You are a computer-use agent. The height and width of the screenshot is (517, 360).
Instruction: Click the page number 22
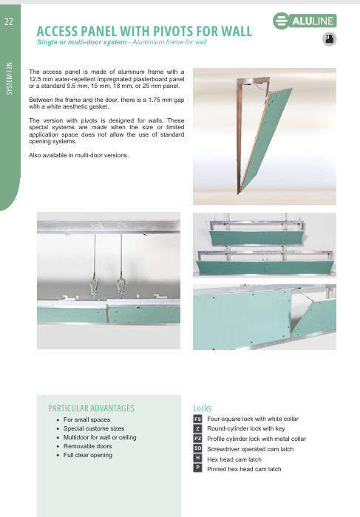(9, 21)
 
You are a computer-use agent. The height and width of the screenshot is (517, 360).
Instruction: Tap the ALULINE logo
(305, 21)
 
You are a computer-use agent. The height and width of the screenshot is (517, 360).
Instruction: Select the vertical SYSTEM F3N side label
(9, 78)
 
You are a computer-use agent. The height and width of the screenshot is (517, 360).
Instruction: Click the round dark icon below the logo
(329, 39)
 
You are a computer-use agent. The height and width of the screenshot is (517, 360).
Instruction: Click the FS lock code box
(197, 419)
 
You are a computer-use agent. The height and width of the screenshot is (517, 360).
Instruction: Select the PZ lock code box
(197, 439)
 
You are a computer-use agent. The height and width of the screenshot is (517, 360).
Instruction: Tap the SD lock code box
(197, 448)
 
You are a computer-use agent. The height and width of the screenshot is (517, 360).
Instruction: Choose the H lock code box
(197, 458)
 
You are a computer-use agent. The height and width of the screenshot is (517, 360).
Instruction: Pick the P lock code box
(197, 468)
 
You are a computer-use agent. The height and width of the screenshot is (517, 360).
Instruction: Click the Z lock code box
(197, 428)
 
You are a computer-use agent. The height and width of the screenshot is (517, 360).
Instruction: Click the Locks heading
(202, 408)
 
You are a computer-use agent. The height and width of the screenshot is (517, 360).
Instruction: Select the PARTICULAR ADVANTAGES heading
(91, 408)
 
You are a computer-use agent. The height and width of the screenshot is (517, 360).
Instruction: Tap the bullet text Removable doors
(87, 446)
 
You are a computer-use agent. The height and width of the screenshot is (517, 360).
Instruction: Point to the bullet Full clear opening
(88, 455)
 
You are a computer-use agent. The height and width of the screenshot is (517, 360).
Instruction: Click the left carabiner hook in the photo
(95, 287)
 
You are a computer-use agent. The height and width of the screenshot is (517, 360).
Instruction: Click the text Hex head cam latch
(234, 459)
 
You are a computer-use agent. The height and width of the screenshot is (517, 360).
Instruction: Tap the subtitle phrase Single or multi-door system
(82, 42)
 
